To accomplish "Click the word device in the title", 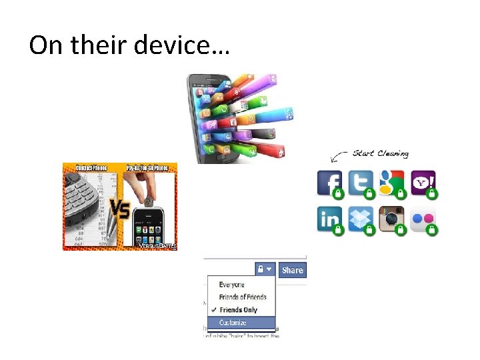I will (181, 45).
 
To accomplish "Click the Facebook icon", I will (329, 183).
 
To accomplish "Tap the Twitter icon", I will (360, 183).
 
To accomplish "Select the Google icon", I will (391, 183).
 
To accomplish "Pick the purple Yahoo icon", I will (423, 183).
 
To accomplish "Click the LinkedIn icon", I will (329, 218).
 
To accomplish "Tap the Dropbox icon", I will (360, 218).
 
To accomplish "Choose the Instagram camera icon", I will (391, 218).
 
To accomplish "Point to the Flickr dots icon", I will (423, 218).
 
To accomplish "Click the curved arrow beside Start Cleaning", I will (339, 157).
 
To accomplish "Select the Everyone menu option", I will (232, 285).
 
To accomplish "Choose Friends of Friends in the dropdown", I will (243, 297).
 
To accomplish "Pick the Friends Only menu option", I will (238, 310).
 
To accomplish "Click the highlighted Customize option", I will (233, 323).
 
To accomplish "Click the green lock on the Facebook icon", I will (338, 194).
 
